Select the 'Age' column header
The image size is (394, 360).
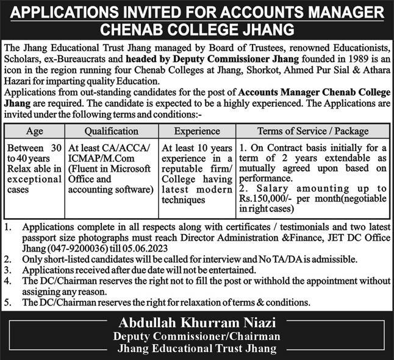pos(34,131)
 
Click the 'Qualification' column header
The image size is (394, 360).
pos(111,131)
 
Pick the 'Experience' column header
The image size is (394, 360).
pos(197,131)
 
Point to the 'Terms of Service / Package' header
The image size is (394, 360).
pos(313,131)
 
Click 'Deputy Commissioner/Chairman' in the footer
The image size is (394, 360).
pos(197,336)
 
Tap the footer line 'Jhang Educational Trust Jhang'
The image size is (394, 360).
pos(197,348)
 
